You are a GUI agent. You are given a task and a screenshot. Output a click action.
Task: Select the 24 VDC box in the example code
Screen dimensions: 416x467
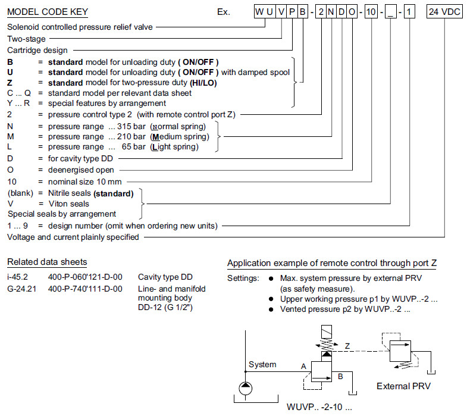[x=444, y=12]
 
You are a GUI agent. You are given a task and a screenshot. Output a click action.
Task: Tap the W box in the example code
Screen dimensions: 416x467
[x=259, y=12]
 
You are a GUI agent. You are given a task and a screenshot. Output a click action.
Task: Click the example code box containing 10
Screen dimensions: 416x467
[x=371, y=12]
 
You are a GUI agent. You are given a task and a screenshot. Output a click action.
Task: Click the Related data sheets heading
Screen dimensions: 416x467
[x=47, y=262]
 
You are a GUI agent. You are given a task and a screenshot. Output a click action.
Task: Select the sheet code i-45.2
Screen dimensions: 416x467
[x=18, y=277]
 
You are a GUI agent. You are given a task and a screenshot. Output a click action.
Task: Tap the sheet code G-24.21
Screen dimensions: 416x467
[x=21, y=289]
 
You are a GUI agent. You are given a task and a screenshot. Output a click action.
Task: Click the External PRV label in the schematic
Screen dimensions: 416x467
[x=403, y=386]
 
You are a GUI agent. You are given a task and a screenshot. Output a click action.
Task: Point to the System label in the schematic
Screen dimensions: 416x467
[x=262, y=364]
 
